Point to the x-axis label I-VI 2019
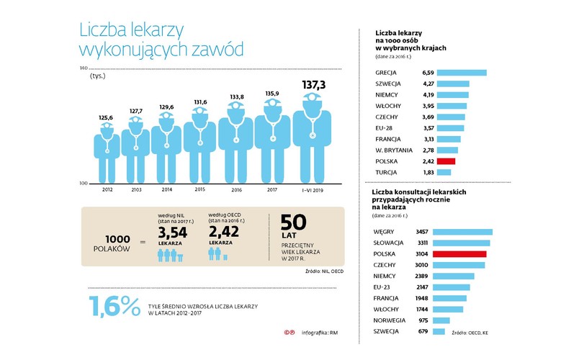[313, 190]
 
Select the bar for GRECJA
[462, 73]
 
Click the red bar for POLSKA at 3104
[462, 254]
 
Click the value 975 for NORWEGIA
[423, 320]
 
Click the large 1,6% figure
[114, 307]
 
